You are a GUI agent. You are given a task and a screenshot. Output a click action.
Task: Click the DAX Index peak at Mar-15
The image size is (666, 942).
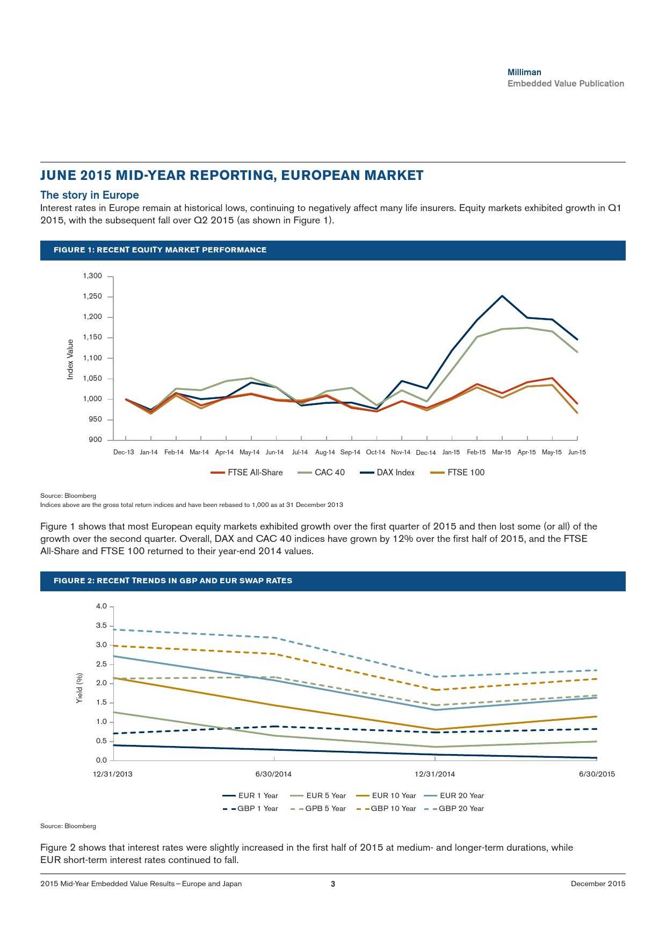502,296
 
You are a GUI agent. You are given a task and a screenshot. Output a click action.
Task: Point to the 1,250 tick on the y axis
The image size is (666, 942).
92,296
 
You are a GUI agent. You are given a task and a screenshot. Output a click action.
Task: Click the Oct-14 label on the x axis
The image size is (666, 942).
375,452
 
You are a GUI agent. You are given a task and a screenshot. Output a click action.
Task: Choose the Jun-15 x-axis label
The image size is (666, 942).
577,452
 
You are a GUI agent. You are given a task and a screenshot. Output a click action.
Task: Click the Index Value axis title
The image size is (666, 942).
70,359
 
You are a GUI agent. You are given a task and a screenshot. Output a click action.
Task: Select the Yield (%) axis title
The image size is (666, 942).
79,688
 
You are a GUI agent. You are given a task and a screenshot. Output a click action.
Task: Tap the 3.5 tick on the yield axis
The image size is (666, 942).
101,626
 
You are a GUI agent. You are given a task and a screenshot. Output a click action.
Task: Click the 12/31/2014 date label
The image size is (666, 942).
435,774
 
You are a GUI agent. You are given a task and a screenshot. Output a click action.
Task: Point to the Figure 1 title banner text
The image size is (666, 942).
160,250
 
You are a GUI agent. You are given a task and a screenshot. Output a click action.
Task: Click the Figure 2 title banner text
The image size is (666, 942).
173,581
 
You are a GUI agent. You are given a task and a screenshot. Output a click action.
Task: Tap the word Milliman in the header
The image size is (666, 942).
524,72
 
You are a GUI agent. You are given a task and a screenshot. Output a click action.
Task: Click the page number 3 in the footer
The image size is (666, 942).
333,883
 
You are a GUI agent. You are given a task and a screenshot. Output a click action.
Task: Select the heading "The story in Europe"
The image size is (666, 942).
90,195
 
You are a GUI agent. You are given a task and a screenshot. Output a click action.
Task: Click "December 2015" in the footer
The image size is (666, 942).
598,883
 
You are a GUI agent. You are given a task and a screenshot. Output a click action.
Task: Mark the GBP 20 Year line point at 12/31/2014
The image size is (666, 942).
436,677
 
